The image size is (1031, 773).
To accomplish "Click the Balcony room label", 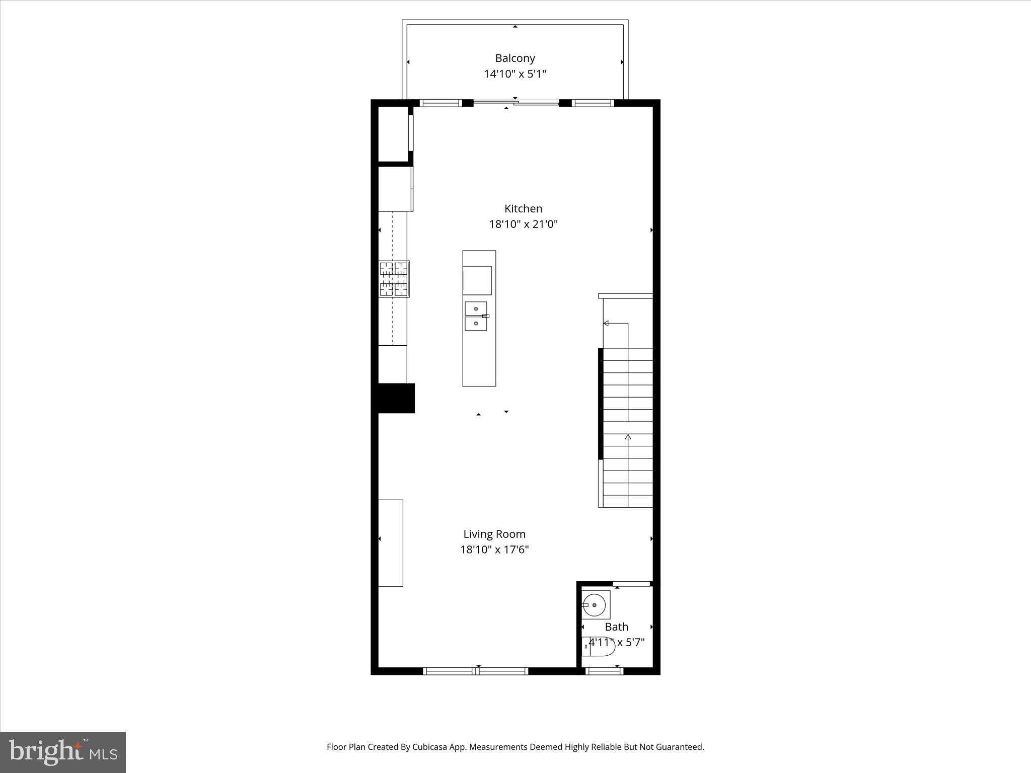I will pyautogui.click(x=514, y=58).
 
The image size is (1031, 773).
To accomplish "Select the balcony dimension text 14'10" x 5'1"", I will pyautogui.click(x=514, y=74).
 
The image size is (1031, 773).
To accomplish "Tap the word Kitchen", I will pyautogui.click(x=523, y=209).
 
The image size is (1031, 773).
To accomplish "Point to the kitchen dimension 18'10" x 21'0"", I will pyautogui.click(x=523, y=224).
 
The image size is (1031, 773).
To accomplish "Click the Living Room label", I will pyautogui.click(x=494, y=534).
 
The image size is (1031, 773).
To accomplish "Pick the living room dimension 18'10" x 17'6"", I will pyautogui.click(x=494, y=550).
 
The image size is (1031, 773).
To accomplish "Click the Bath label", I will pyautogui.click(x=616, y=627).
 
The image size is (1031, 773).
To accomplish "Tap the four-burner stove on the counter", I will pyautogui.click(x=394, y=279).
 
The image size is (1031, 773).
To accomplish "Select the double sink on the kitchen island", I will pyautogui.click(x=476, y=316).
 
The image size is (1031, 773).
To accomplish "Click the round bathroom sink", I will pyautogui.click(x=596, y=605).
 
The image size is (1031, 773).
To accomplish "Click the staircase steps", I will pyautogui.click(x=627, y=428).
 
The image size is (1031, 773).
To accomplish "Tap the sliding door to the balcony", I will pyautogui.click(x=516, y=103).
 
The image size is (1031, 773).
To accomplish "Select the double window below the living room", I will pyautogui.click(x=475, y=671).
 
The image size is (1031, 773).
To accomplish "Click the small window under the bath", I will pyautogui.click(x=604, y=671).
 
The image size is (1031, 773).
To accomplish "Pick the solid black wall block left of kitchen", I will pyautogui.click(x=396, y=399).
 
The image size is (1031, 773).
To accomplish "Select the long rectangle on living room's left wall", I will pyautogui.click(x=391, y=543).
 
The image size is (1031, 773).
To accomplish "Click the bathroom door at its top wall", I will pyautogui.click(x=632, y=584).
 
